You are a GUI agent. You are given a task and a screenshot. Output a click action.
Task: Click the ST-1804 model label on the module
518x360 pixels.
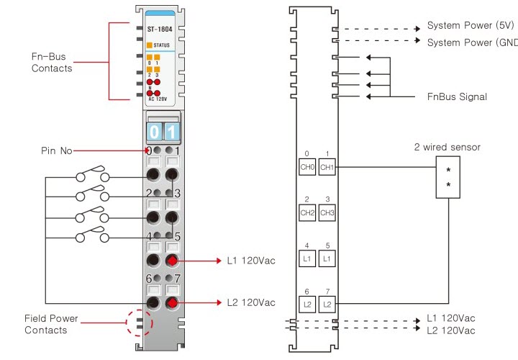coord(160,30)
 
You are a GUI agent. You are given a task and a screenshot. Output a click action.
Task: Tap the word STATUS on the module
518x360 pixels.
coord(161,45)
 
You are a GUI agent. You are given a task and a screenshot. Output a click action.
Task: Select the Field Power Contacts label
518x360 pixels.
coord(51,324)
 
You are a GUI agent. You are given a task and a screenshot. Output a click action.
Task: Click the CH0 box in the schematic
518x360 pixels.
coord(307,167)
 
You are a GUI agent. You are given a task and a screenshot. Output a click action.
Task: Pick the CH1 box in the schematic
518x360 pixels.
coord(327,167)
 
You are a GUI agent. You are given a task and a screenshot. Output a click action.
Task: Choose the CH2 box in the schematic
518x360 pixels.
coord(307,212)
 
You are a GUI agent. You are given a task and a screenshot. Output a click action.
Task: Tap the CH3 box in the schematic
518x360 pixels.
coord(327,212)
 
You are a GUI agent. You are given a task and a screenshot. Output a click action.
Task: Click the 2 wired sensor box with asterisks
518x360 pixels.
coord(448,178)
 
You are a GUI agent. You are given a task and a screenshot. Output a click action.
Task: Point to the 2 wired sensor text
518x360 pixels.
coord(447,148)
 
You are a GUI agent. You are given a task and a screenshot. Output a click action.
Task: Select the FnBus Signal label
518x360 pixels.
coord(457,96)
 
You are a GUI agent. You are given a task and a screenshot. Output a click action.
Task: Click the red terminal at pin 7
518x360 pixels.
coord(172,302)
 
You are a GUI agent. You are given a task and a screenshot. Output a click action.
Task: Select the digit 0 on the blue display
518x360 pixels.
coord(154,132)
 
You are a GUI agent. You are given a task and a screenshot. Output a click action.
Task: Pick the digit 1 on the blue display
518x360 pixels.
coord(171,132)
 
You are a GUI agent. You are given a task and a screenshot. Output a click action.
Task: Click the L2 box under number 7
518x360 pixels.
coord(327,303)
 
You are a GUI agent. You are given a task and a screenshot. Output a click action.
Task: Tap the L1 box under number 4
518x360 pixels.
coord(307,258)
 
